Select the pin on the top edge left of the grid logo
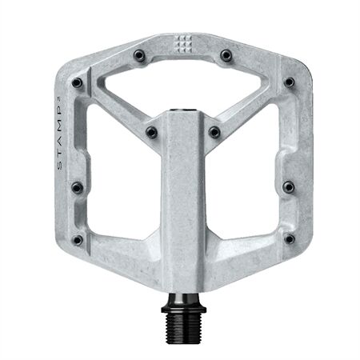coord(140,55)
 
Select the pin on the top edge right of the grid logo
coord(226,55)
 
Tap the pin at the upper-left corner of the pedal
coord(77,82)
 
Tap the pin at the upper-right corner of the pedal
coord(289,82)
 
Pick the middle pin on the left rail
coord(77,187)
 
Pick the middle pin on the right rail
coord(289,187)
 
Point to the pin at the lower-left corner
coord(77,239)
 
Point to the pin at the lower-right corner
coord(289,239)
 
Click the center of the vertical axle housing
coord(183,192)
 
